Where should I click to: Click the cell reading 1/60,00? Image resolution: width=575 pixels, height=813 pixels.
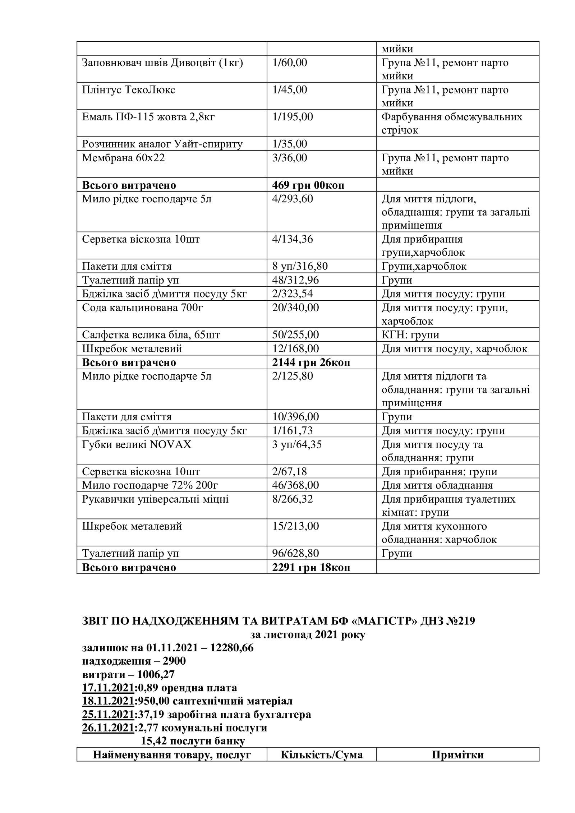(x=290, y=63)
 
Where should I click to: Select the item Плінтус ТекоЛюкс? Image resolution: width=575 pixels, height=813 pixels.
(x=129, y=90)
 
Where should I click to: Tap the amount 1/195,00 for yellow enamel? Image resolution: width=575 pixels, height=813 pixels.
(x=293, y=117)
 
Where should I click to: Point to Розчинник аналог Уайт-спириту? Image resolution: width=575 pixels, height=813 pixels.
(x=162, y=144)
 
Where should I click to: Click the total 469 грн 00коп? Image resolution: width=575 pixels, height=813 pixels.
(x=308, y=185)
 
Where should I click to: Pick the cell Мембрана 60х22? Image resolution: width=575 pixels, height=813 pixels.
(x=123, y=158)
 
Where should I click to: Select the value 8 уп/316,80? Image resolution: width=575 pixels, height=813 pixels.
(x=300, y=267)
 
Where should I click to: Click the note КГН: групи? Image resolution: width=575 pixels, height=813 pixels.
(x=410, y=335)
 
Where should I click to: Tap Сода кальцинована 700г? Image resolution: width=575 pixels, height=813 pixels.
(x=140, y=308)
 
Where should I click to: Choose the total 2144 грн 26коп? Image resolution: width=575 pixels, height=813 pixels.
(x=311, y=363)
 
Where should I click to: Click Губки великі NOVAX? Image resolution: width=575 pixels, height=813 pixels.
(x=137, y=445)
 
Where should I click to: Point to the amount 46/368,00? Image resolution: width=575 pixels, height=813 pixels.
(x=296, y=485)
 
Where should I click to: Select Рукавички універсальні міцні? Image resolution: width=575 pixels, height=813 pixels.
(x=155, y=499)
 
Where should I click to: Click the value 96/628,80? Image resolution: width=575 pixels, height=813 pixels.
(x=296, y=554)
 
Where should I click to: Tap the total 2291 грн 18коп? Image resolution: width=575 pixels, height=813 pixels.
(x=311, y=568)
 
